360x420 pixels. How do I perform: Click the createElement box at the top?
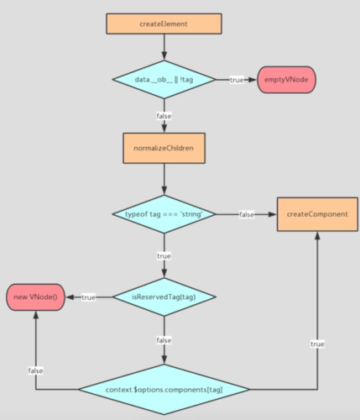pyautogui.click(x=164, y=24)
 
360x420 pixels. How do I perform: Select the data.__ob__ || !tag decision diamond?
pyautogui.click(x=164, y=79)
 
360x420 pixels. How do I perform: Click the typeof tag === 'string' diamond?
pyautogui.click(x=164, y=214)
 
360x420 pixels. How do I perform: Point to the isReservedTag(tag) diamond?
pyautogui.click(x=164, y=297)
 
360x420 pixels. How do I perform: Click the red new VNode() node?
pyautogui.click(x=35, y=297)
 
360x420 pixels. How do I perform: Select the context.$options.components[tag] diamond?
pyautogui.click(x=164, y=390)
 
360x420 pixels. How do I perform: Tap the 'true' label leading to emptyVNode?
pyautogui.click(x=237, y=79)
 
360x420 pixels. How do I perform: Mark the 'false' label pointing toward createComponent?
pyautogui.click(x=247, y=214)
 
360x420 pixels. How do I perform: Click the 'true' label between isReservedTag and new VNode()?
pyautogui.click(x=88, y=297)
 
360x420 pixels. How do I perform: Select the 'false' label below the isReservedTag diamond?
pyautogui.click(x=164, y=340)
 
